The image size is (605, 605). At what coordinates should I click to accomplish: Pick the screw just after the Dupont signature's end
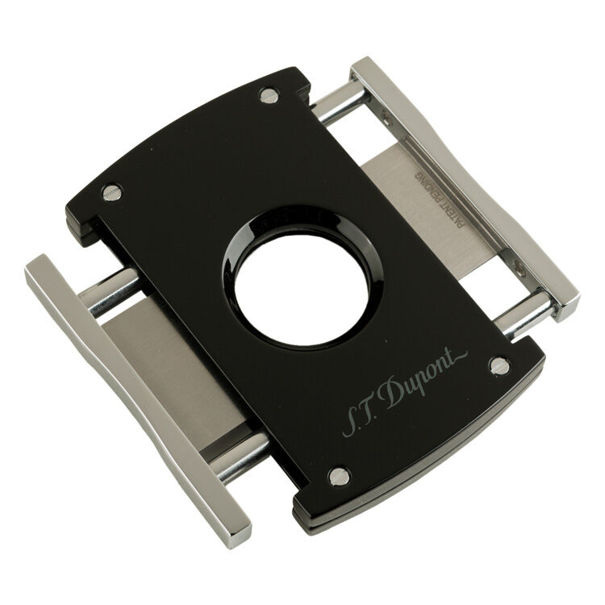[500, 365]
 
